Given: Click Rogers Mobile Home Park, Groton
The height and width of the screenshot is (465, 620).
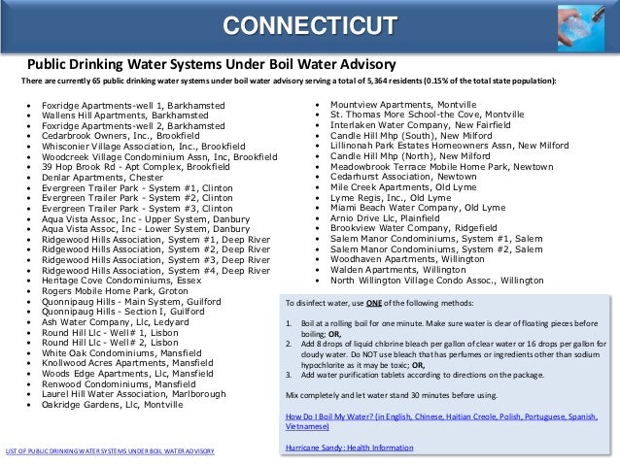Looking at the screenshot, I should coord(115,288).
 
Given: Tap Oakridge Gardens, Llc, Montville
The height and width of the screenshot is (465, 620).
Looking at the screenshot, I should coord(112,405).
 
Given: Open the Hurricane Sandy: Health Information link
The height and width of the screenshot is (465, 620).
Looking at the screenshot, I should coord(346,447).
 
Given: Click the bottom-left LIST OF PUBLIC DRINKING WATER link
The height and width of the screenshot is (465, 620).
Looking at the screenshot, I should coord(109,452).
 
